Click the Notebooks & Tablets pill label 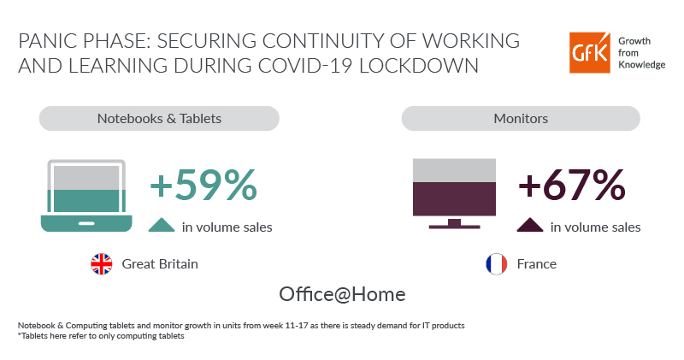coord(159,118)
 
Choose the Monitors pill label coord(521,118)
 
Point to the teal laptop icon coord(86,196)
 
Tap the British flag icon coord(102,264)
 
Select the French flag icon coord(495,264)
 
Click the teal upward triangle coord(162,226)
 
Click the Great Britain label coord(160,264)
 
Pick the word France coord(536,264)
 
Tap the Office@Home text coord(342,294)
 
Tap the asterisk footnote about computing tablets coord(101,335)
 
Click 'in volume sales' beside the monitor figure coord(596,227)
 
